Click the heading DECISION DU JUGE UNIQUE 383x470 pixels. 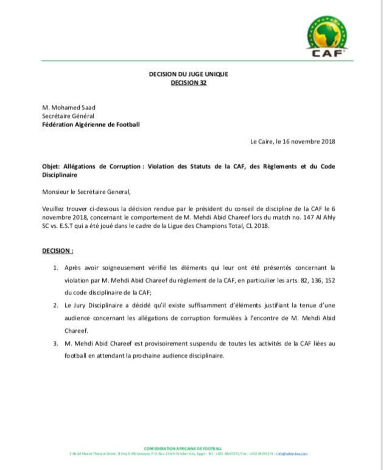(189, 74)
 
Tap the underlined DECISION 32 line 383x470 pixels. (189, 83)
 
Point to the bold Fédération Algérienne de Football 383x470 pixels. (91, 124)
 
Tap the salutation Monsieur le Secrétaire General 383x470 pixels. (89, 191)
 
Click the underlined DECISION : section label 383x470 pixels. (58, 251)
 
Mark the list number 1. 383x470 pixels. (55, 268)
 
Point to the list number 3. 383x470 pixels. (55, 343)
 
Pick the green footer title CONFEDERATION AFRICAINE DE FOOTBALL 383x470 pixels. (183, 449)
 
